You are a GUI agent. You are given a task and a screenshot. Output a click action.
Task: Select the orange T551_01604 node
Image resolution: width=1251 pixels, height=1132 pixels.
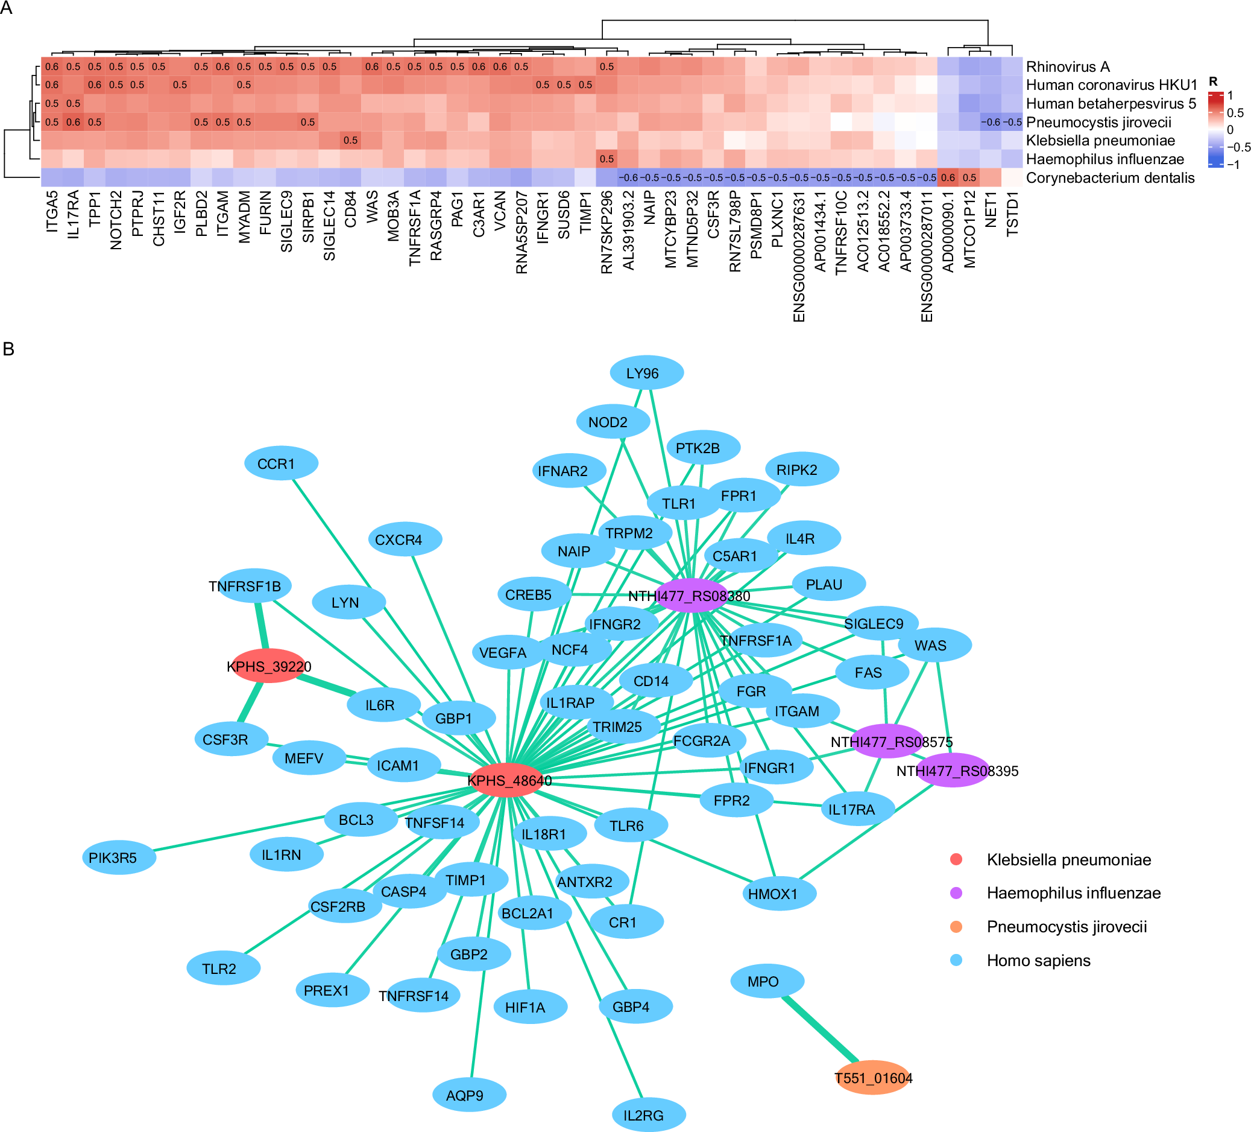click(872, 1077)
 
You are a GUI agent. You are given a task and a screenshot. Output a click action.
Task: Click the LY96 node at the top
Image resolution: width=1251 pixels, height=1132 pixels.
click(646, 372)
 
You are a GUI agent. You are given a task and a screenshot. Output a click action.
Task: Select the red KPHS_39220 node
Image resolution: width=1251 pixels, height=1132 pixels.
click(269, 666)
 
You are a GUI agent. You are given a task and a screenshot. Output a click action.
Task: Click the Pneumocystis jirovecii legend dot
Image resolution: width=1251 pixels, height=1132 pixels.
click(956, 926)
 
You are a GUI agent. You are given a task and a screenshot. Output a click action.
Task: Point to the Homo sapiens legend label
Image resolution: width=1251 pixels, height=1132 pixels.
click(1038, 961)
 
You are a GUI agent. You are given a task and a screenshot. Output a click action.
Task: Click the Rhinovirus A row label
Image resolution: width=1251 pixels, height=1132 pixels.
click(1067, 66)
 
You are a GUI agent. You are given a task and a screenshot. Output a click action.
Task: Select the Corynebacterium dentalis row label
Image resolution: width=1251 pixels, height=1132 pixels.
click(1109, 178)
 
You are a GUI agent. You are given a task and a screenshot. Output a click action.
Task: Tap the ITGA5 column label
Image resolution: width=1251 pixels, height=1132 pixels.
click(52, 212)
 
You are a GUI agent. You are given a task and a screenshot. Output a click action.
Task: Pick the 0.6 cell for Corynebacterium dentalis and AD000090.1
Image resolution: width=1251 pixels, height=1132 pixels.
click(948, 177)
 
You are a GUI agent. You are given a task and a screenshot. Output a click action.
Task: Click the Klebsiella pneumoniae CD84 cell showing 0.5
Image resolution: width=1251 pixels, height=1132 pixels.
click(351, 141)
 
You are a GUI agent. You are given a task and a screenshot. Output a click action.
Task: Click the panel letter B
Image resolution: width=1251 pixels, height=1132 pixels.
click(8, 349)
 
